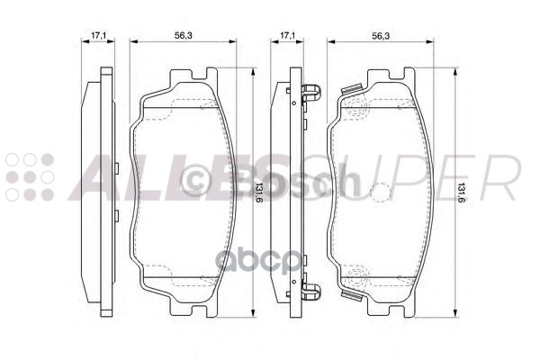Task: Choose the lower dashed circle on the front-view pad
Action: [x=357, y=275]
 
